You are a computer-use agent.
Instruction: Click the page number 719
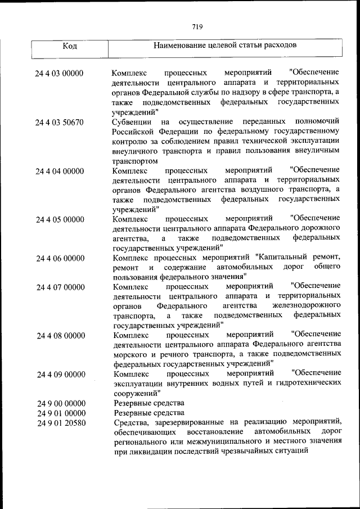(x=196, y=26)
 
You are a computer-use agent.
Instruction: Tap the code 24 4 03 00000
(x=59, y=74)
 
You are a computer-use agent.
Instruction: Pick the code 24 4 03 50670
(x=59, y=122)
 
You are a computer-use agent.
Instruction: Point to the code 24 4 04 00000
(x=59, y=171)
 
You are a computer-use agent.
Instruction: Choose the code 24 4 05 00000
(x=59, y=219)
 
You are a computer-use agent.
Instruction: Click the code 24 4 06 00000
(x=59, y=258)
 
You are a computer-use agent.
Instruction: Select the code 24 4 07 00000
(x=59, y=287)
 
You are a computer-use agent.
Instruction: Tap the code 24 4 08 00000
(x=59, y=336)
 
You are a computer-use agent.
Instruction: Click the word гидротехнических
(x=305, y=384)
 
